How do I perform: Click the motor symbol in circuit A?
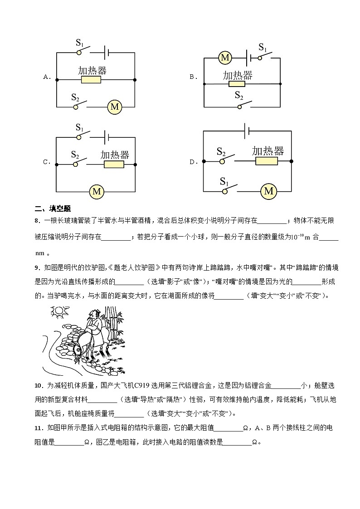click(115, 107)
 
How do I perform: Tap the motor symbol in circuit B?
click(225, 58)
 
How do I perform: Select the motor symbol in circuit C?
click(97, 191)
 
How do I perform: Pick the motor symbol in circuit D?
click(269, 191)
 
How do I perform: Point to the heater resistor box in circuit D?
click(266, 161)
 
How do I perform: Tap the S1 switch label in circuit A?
click(80, 43)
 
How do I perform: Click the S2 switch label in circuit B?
click(239, 95)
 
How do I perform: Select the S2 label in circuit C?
click(75, 154)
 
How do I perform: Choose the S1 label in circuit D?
click(224, 182)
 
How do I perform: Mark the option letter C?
click(46, 162)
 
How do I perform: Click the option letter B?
click(192, 77)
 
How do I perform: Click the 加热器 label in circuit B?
click(237, 75)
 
